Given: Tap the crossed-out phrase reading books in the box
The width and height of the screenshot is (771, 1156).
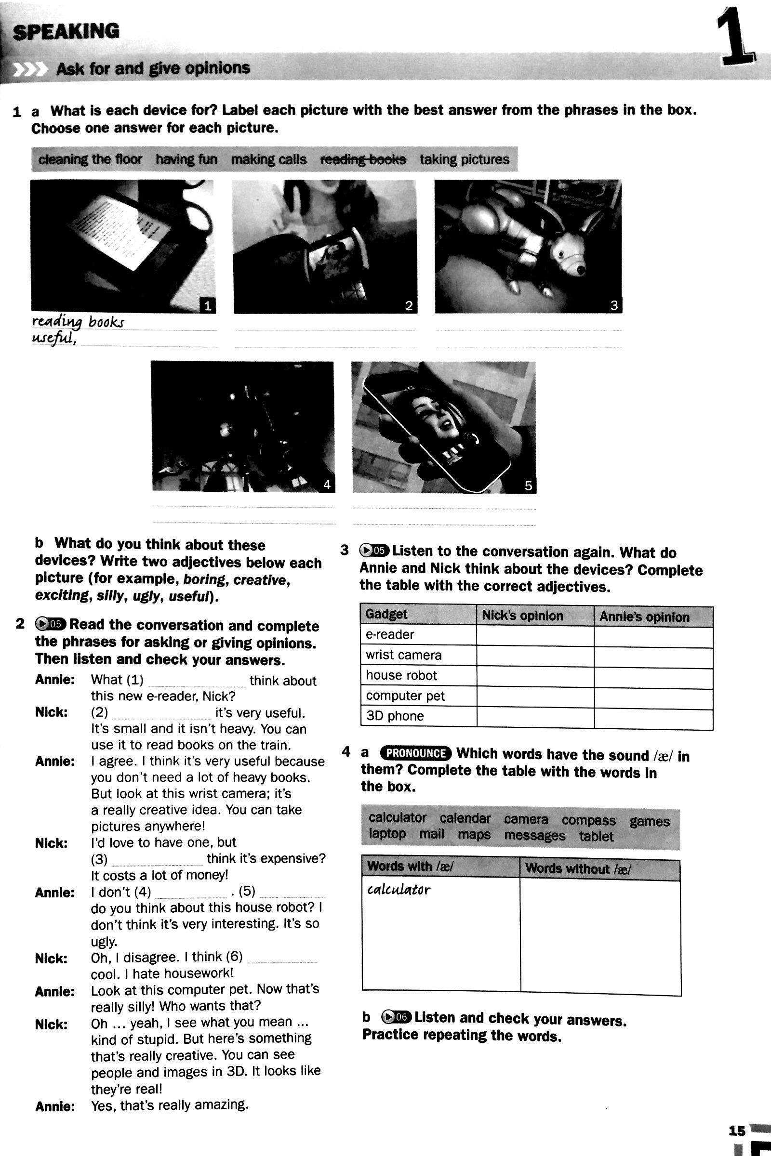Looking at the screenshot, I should click(x=363, y=160).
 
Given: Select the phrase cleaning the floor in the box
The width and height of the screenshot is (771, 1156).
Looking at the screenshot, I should click(x=90, y=160).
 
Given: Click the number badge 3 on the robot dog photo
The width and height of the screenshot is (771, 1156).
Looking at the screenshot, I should click(x=613, y=305).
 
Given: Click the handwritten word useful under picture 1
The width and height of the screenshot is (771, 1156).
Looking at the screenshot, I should click(x=53, y=339).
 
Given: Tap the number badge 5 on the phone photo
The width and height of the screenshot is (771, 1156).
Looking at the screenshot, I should click(x=528, y=486).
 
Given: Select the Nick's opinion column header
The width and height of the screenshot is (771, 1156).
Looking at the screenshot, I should click(x=522, y=616).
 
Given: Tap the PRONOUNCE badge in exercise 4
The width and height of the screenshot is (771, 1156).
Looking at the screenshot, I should click(x=415, y=753).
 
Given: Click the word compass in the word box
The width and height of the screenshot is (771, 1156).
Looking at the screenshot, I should click(x=588, y=820).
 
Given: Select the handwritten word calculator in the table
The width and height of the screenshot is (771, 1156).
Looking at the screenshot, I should click(x=399, y=890).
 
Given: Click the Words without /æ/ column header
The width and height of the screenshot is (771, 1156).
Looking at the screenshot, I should click(x=577, y=868).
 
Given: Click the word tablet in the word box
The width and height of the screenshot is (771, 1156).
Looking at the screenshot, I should click(x=596, y=836).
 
